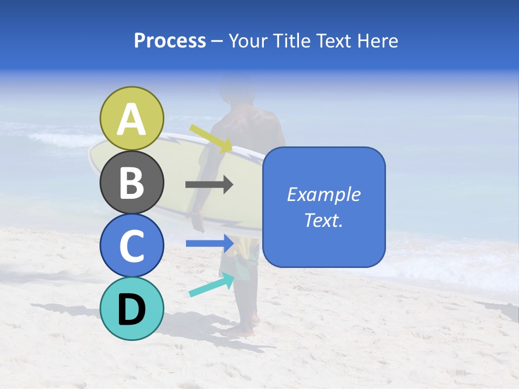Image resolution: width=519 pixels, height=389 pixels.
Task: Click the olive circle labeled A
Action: (x=132, y=118)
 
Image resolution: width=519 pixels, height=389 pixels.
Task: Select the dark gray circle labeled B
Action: (x=132, y=182)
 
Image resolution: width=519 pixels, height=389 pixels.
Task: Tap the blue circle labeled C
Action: (x=132, y=245)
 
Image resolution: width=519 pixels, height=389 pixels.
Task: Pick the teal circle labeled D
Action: (x=132, y=308)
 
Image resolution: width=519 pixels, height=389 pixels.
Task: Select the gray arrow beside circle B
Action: (x=209, y=185)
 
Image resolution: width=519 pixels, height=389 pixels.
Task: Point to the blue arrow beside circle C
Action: (x=209, y=243)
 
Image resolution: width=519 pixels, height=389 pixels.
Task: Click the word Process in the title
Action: (x=170, y=41)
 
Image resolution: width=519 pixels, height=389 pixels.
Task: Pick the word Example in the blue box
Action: (x=323, y=194)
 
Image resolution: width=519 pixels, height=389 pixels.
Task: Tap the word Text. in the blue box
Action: (x=323, y=220)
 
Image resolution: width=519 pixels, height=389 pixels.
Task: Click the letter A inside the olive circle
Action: (x=132, y=119)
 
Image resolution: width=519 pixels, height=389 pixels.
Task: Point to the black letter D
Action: (x=132, y=310)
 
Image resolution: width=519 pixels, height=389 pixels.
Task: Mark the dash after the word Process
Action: (x=217, y=42)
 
